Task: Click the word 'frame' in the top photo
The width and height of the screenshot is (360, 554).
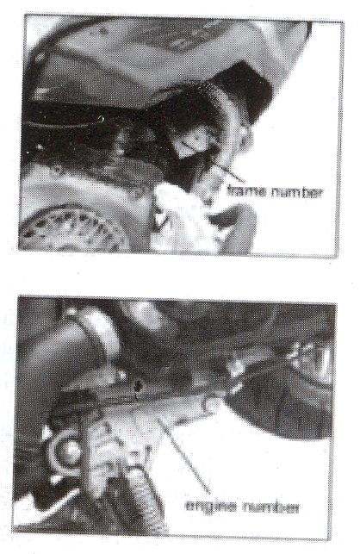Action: point(246,191)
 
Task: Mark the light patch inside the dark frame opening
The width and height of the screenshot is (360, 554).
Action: point(193,141)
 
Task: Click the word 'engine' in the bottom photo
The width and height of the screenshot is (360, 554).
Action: point(210,507)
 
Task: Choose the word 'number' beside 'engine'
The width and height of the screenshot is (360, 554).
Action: point(271,507)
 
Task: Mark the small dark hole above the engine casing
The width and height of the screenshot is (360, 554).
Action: point(138,386)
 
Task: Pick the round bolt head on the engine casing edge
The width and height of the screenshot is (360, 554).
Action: point(211,402)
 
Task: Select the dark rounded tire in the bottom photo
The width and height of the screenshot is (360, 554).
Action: point(282,407)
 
